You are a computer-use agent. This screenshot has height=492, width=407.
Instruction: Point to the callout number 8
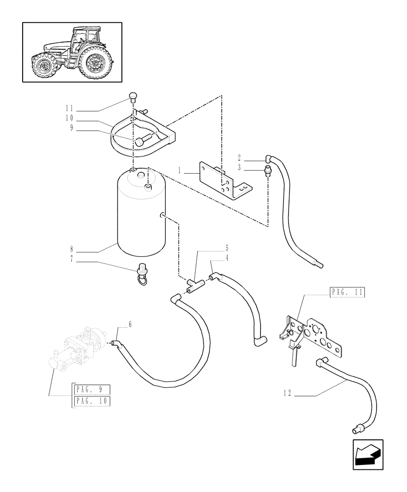(72, 249)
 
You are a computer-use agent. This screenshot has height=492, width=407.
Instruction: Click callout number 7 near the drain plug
(72, 259)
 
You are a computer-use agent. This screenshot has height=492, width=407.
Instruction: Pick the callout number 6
(130, 324)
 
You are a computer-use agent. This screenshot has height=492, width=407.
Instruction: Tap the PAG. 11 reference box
(346, 292)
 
